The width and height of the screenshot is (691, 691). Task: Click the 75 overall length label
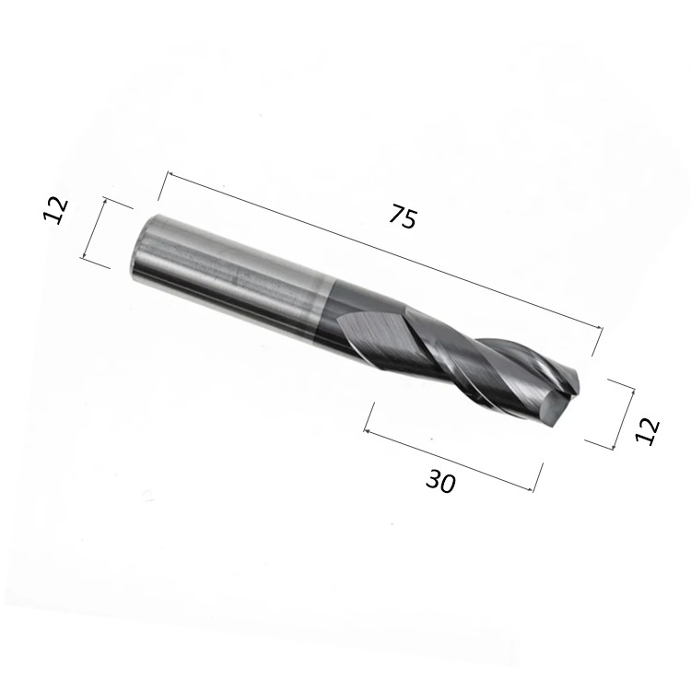pos(403,217)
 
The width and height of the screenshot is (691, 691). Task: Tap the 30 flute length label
pos(439,481)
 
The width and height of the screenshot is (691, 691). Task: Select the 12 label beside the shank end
pos(55,211)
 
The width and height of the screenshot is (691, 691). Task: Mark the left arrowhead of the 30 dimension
pos(368,432)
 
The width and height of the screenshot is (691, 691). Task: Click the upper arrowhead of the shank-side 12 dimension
pos(104,202)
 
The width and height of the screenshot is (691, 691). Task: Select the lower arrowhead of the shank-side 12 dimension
pos(84,254)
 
